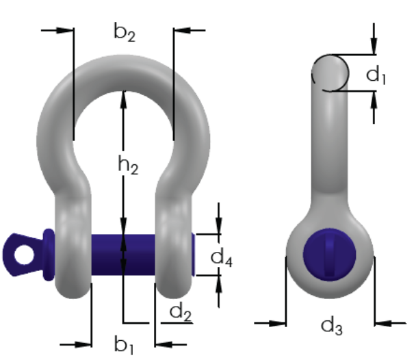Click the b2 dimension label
coord(125,32)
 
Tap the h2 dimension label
coord(128,165)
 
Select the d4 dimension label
coord(222,257)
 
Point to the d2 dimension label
coord(181,312)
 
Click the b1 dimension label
coord(124,345)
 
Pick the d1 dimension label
coord(376,75)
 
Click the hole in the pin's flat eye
coord(24,255)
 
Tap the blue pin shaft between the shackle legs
coord(123,255)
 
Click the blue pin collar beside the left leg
coord(49,255)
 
